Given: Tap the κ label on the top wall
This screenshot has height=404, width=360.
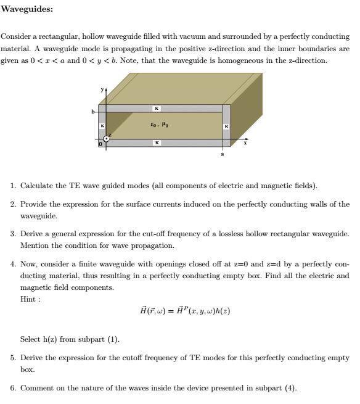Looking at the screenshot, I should click(x=158, y=109).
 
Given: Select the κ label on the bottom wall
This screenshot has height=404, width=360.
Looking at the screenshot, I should click(x=158, y=142).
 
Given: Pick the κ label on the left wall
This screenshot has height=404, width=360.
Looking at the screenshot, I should click(x=102, y=126).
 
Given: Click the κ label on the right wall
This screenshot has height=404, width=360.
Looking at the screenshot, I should click(x=226, y=126).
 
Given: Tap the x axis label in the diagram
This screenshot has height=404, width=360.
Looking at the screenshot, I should click(x=245, y=142).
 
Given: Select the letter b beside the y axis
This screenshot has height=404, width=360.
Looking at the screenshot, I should click(x=94, y=112).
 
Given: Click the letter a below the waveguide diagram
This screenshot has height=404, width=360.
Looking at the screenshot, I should click(x=223, y=154).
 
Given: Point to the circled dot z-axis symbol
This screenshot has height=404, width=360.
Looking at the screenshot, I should click(x=107, y=139).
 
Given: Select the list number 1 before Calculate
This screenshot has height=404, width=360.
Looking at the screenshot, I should click(x=14, y=186).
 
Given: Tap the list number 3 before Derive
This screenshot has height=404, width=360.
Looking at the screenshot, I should click(x=14, y=234).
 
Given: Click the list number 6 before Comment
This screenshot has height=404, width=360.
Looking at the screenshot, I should click(x=14, y=388).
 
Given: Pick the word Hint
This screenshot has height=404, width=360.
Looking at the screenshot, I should click(x=29, y=299).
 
